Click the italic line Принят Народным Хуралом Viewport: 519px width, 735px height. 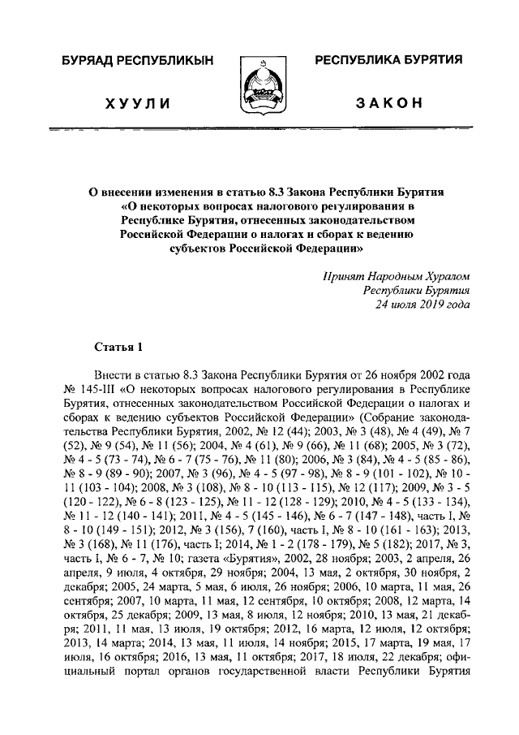(397, 275)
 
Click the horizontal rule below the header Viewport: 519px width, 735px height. (259, 129)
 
